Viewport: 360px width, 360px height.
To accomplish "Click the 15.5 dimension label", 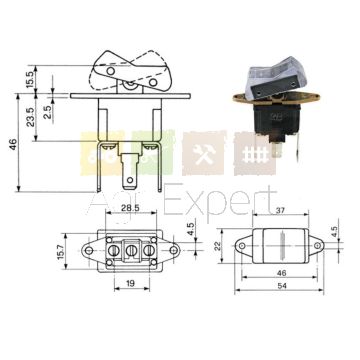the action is point(29,79).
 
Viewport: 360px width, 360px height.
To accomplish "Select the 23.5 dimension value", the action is point(31,116).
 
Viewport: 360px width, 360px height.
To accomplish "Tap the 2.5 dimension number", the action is point(48,112).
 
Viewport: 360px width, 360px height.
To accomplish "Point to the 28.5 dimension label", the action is point(131,208).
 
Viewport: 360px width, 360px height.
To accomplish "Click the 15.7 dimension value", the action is point(60,251).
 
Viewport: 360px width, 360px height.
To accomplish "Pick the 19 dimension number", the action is point(130,283).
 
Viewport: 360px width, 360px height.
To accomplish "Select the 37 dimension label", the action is point(279,209).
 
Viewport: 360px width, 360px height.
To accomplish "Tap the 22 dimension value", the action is point(217,246).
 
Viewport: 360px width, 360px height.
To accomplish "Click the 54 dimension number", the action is point(282,286).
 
